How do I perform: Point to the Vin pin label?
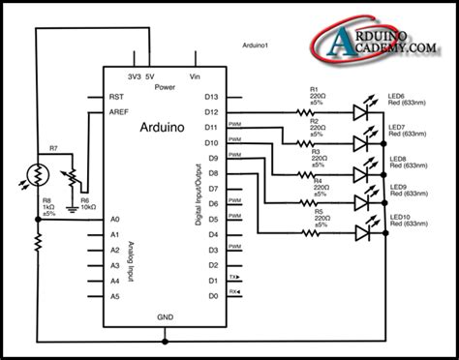pyautogui.click(x=195, y=76)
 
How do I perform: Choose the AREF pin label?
pyautogui.click(x=116, y=112)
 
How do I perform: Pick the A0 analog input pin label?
pyautogui.click(x=114, y=220)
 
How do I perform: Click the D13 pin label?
pyautogui.click(x=211, y=97)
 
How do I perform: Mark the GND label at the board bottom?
pyautogui.click(x=165, y=316)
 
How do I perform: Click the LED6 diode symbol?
pyautogui.click(x=362, y=112)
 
